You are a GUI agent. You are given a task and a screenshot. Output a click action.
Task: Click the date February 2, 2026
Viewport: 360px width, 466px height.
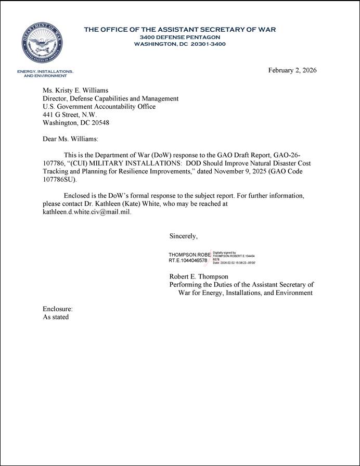[292, 70]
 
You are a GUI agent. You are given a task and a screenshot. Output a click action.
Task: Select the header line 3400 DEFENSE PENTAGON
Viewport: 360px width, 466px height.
[179, 37]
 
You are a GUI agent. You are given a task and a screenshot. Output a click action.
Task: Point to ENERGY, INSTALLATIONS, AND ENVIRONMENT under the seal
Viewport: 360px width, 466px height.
[45, 73]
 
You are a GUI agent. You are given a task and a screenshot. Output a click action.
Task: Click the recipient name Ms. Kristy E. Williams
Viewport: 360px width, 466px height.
[75, 90]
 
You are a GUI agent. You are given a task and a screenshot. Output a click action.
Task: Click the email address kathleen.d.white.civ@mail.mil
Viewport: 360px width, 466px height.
[86, 212]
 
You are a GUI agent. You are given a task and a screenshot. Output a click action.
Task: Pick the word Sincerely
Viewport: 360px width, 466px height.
[183, 236]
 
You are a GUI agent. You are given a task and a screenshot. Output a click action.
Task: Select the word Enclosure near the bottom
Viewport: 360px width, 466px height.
[57, 309]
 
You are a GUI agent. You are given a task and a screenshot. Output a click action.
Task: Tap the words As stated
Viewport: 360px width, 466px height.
[55, 317]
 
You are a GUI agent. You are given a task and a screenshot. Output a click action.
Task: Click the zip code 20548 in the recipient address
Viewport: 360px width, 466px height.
[99, 123]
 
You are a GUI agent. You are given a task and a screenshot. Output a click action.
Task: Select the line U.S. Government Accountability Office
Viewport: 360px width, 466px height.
[99, 106]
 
